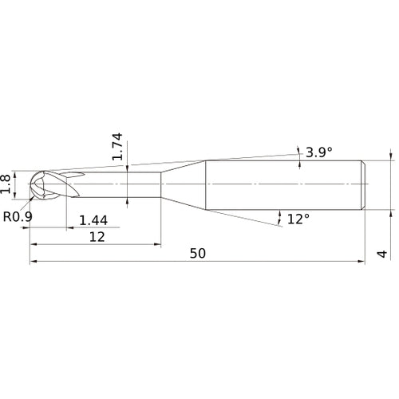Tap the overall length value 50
point(199,253)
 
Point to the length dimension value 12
point(97,238)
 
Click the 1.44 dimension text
point(94,219)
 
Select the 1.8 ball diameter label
point(7,184)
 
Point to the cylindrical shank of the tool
point(283,184)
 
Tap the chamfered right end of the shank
point(364,184)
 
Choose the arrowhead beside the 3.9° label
point(299,152)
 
